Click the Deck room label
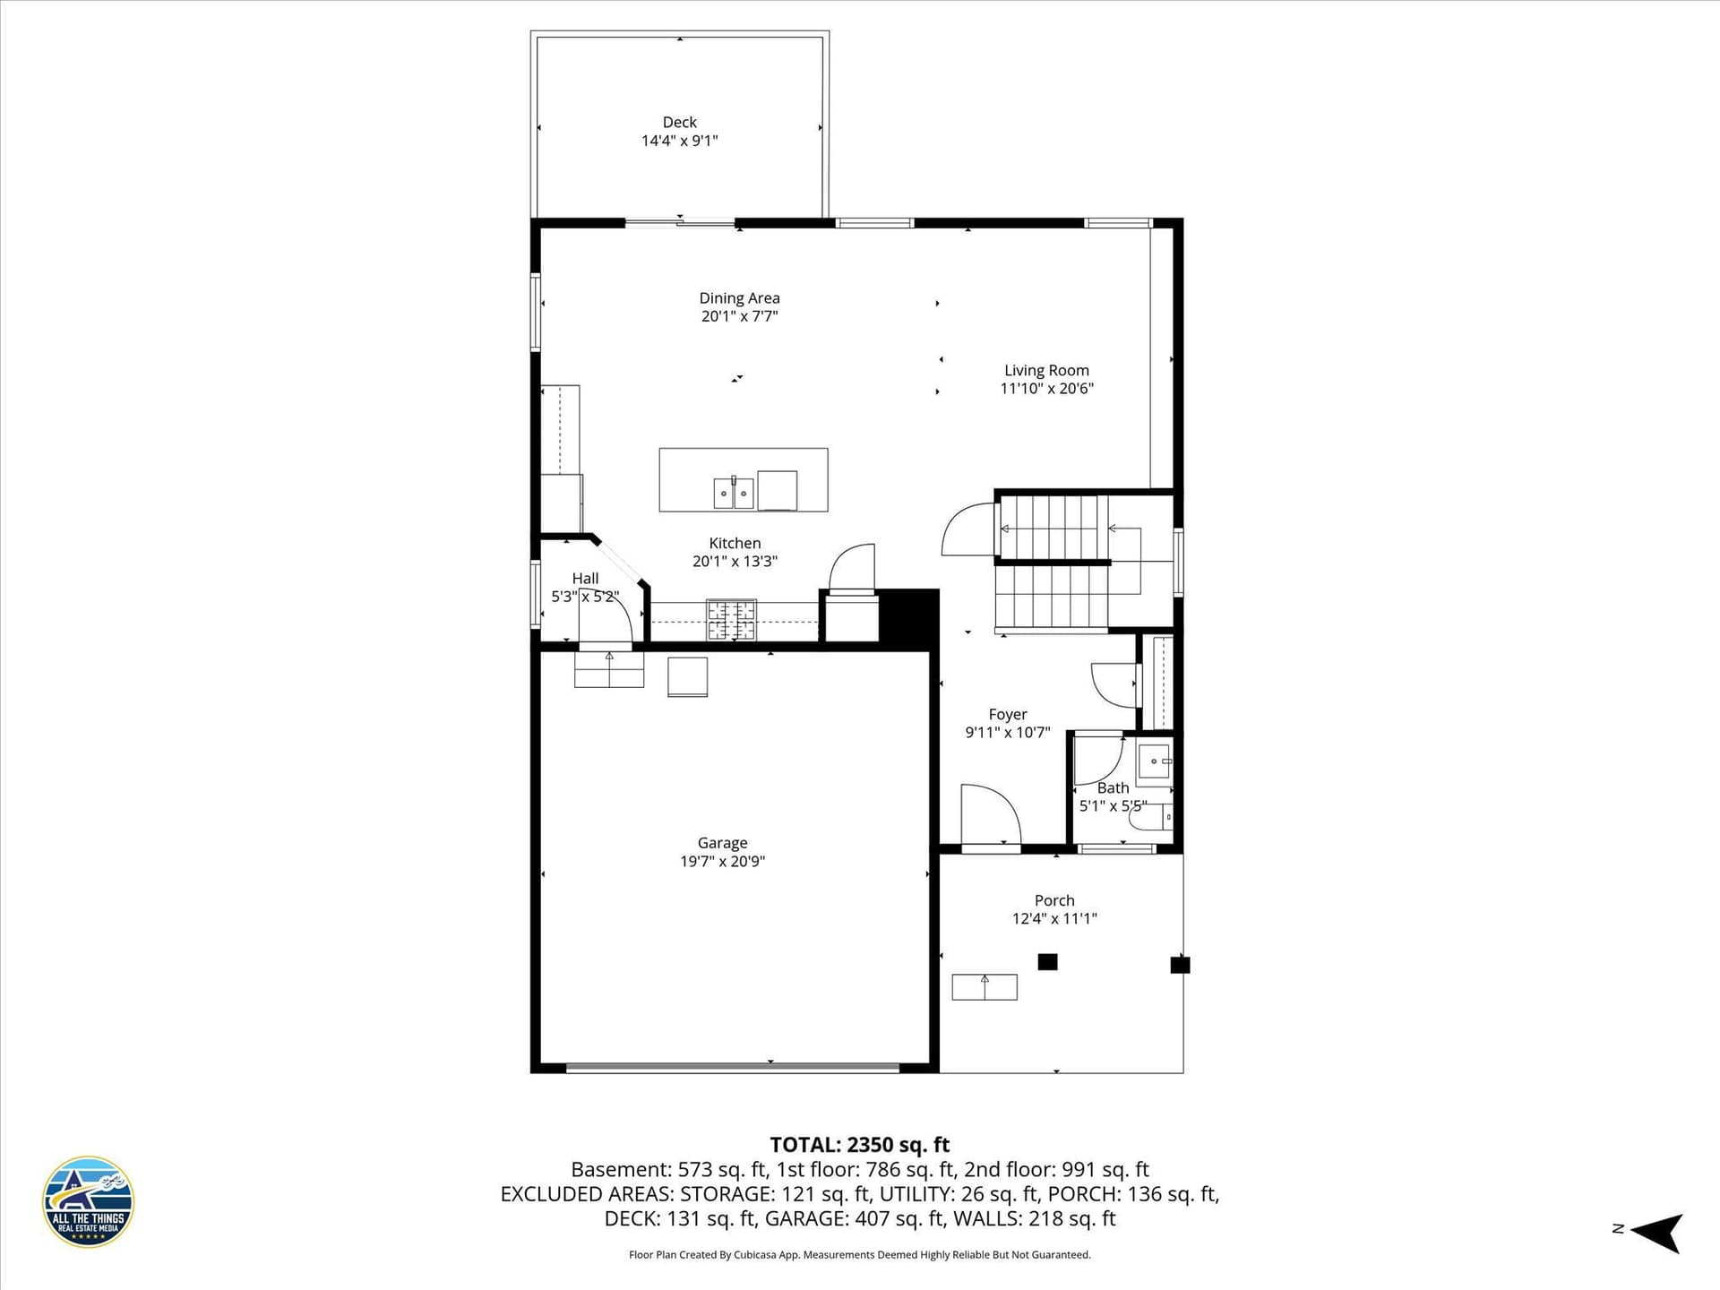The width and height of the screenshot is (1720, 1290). point(679,122)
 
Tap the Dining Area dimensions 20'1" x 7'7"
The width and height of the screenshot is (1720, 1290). point(739,316)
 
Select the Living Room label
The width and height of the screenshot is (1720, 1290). point(1046,370)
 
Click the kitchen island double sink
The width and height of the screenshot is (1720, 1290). point(734,493)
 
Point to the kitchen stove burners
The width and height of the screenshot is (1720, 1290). point(731,620)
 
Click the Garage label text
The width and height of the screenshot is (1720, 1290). point(722,843)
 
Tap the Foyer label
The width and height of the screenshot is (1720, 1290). point(1008,714)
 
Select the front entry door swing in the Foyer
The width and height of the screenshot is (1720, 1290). point(991,814)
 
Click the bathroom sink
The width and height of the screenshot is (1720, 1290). point(1155,761)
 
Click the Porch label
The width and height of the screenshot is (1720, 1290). point(1054,900)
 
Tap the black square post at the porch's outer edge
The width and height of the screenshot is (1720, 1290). point(1180,965)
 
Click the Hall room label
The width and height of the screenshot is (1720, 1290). point(585,579)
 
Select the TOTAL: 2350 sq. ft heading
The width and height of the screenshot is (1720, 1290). point(860,1145)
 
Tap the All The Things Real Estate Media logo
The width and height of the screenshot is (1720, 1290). point(89,1201)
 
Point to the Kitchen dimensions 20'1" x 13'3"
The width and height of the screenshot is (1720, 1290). point(735,562)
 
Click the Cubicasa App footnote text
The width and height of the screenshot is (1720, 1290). point(860,1255)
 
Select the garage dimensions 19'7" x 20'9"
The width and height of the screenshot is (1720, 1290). point(722,862)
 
